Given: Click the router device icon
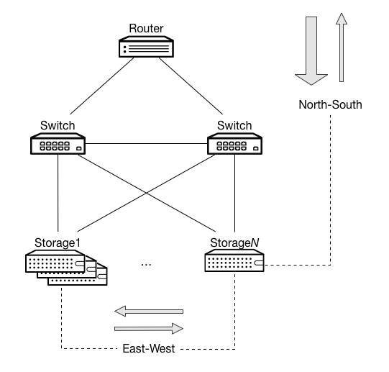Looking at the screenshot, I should (x=147, y=48).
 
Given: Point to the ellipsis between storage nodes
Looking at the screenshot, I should (x=147, y=263).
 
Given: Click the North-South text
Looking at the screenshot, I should (x=330, y=106).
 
